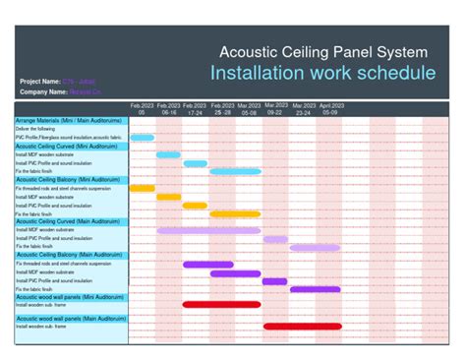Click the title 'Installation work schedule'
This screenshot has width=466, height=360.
(322, 73)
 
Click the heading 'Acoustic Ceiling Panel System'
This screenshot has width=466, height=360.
(322, 50)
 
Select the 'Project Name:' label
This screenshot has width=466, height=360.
(39, 81)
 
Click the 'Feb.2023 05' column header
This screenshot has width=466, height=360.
(142, 108)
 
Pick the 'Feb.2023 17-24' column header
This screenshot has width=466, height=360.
(195, 108)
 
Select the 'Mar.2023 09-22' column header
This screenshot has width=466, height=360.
(274, 108)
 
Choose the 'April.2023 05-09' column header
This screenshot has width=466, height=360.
(328, 108)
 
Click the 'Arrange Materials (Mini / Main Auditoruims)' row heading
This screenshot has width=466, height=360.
(71, 120)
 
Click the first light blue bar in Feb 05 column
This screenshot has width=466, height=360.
(143, 138)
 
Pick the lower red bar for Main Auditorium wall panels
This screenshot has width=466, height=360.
(301, 327)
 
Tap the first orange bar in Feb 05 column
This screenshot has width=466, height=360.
(143, 188)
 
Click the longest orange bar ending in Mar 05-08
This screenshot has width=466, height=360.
(235, 213)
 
